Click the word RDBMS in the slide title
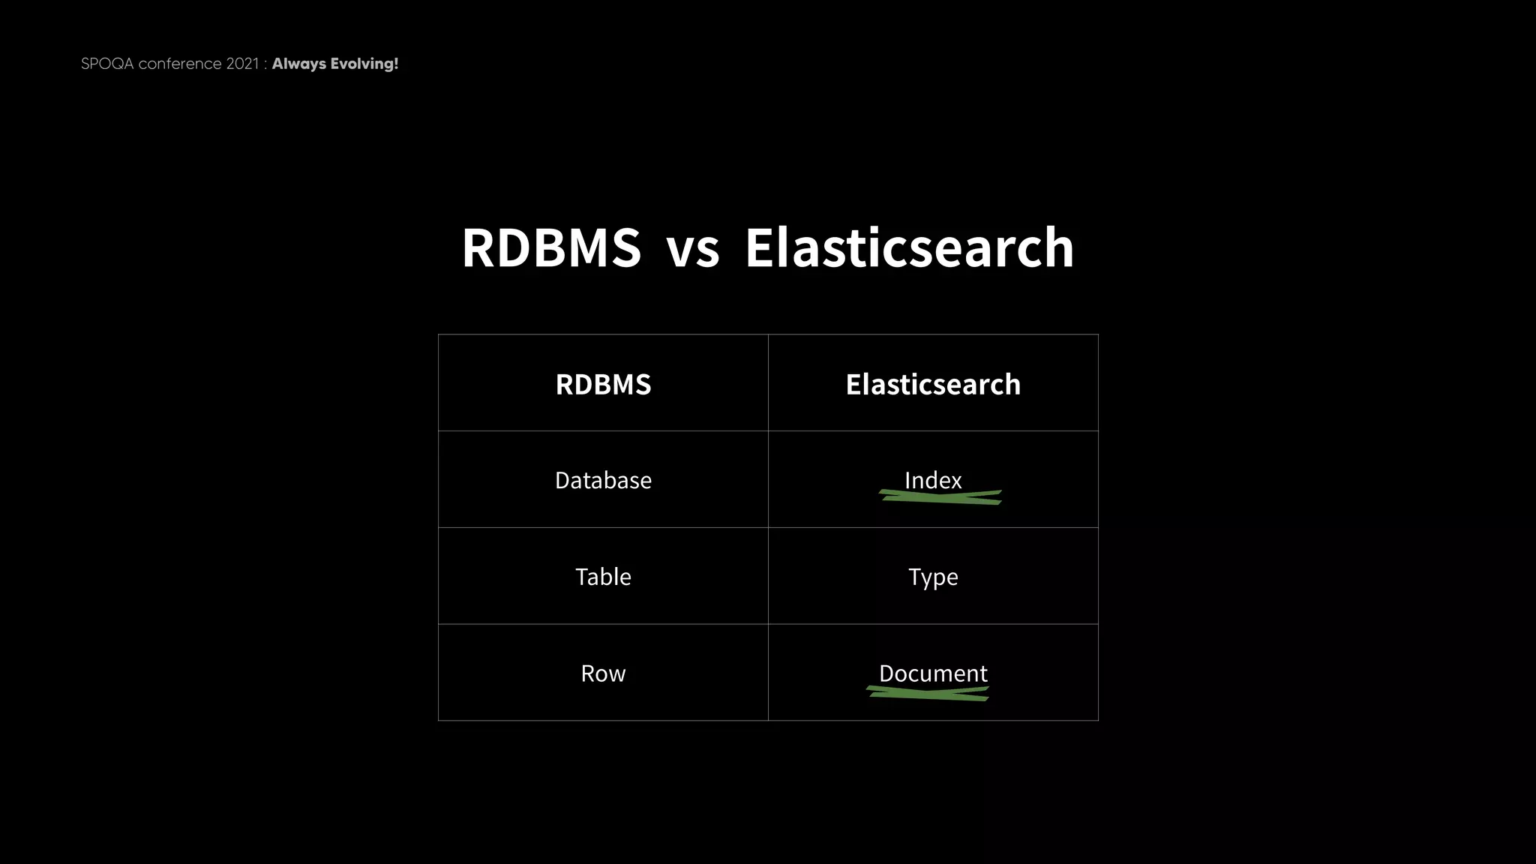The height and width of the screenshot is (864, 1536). (551, 247)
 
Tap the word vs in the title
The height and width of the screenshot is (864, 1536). (692, 249)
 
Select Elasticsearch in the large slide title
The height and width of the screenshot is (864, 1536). (909, 247)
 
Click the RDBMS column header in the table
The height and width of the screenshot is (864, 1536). (603, 384)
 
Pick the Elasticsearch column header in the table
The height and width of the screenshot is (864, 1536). (933, 384)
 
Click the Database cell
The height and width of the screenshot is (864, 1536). (603, 480)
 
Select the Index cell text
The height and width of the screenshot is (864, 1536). (933, 479)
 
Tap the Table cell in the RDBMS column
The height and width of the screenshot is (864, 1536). (603, 577)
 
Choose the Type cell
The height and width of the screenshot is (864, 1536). (933, 577)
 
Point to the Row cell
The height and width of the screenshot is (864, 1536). (603, 673)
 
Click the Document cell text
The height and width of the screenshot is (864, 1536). (933, 673)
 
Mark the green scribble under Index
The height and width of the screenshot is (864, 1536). (940, 497)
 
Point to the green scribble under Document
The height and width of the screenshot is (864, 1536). (928, 694)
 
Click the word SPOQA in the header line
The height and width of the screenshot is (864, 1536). (107, 64)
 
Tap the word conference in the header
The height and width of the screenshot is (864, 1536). (180, 64)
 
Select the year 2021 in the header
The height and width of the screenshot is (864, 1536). (242, 64)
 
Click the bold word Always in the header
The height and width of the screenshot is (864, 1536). (299, 64)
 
